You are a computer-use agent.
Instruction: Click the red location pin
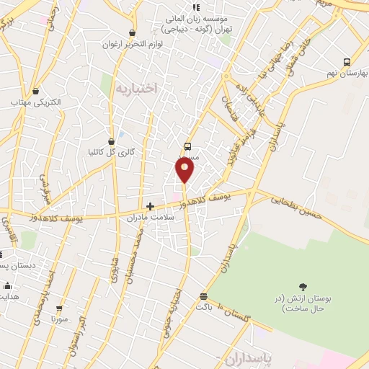(x=184, y=169)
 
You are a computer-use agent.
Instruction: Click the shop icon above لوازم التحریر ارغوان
(x=131, y=32)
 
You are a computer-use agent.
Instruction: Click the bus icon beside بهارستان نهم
(x=347, y=63)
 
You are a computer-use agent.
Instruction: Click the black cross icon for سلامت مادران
(x=150, y=206)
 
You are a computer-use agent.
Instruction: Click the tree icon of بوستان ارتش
(x=302, y=288)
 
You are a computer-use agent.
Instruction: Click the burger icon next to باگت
(x=204, y=296)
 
